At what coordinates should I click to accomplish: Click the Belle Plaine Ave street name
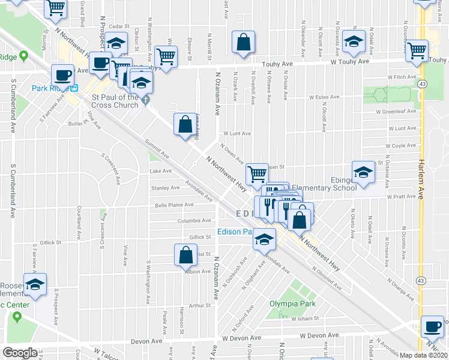pyautogui.click(x=174, y=205)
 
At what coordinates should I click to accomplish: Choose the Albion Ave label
pyautogui.click(x=197, y=271)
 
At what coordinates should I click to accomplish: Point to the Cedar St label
pyautogui.click(x=119, y=26)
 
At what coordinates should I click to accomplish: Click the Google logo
pyautogui.click(x=20, y=353)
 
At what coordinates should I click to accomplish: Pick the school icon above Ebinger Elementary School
pyautogui.click(x=363, y=172)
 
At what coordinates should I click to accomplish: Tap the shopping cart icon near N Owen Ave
pyautogui.click(x=257, y=173)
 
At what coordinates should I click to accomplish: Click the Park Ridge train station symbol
pyautogui.click(x=75, y=88)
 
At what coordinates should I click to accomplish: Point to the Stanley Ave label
pyautogui.click(x=165, y=188)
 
